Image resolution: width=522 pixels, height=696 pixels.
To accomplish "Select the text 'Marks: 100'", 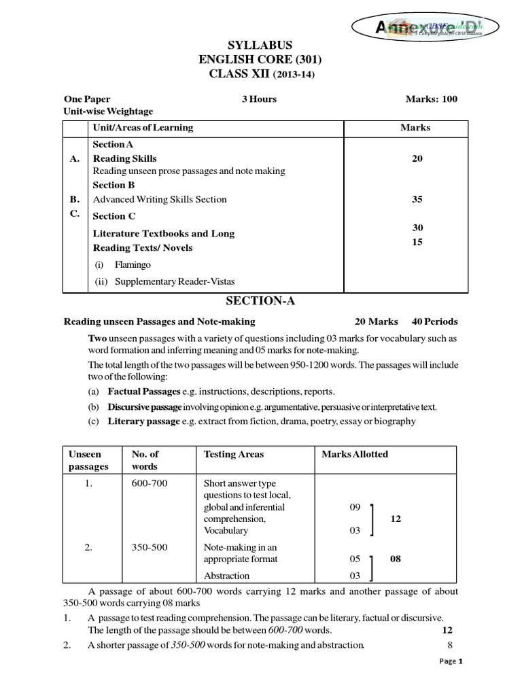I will (432, 99).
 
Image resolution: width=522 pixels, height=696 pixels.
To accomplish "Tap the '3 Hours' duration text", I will (259, 99).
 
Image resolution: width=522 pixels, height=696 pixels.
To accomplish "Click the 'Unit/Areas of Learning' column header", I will (143, 127).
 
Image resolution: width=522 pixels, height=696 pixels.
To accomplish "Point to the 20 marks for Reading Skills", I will (417, 158).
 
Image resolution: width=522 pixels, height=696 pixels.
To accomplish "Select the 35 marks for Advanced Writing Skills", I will (417, 199).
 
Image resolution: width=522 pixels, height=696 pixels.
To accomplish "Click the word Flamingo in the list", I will (133, 264).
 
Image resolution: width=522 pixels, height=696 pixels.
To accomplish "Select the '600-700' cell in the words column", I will (144, 483).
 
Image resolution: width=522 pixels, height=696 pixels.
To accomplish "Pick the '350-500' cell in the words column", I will (144, 546).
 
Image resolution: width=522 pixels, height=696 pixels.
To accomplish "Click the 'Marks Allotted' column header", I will (355, 454).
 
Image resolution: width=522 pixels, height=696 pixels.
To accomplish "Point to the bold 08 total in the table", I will (396, 559).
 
